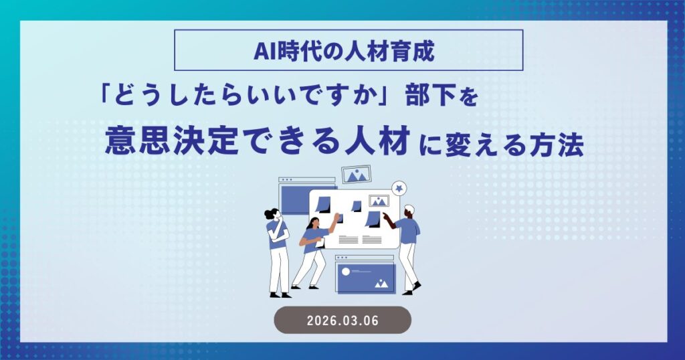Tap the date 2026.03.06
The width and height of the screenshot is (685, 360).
tap(342, 320)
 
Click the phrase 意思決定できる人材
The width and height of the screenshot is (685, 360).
tap(258, 143)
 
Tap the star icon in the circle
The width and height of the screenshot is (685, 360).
tap(399, 188)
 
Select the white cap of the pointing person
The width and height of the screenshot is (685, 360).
tap(409, 210)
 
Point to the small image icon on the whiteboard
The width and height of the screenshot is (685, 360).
tap(379, 201)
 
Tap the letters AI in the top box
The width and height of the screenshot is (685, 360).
tap(263, 50)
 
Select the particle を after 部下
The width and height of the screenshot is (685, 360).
tap(470, 99)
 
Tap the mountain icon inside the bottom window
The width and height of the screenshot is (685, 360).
tap(382, 283)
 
